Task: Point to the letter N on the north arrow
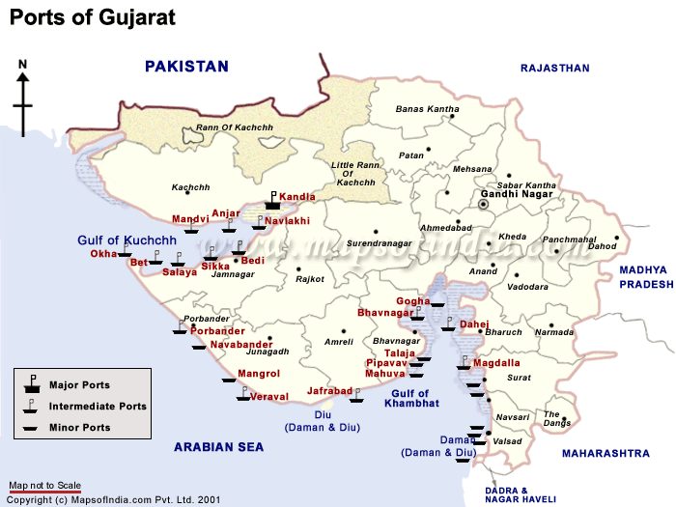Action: coord(23,65)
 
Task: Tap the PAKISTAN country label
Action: coord(186,67)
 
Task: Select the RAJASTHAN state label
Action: coord(554,68)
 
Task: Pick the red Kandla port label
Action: coord(297,197)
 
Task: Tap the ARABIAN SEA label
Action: coord(218,447)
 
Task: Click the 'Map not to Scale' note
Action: coord(44,485)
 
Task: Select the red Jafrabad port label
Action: coord(329,391)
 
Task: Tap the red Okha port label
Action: coord(103,254)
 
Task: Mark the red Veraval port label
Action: coord(268,397)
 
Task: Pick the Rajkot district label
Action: coord(310,279)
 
